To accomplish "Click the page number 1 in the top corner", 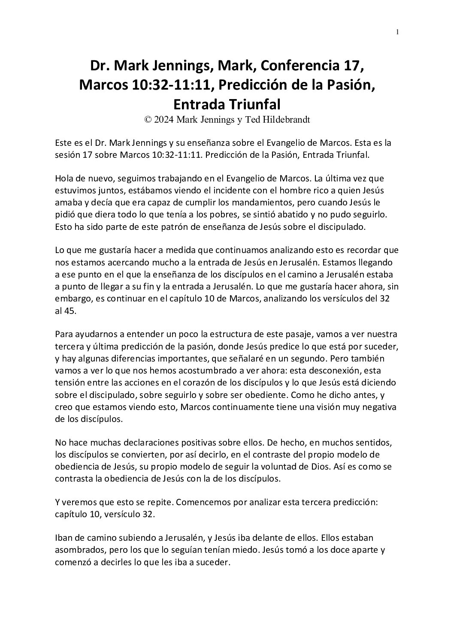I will (x=398, y=31).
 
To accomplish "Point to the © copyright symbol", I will (x=148, y=120).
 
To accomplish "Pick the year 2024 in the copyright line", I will (x=163, y=120).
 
